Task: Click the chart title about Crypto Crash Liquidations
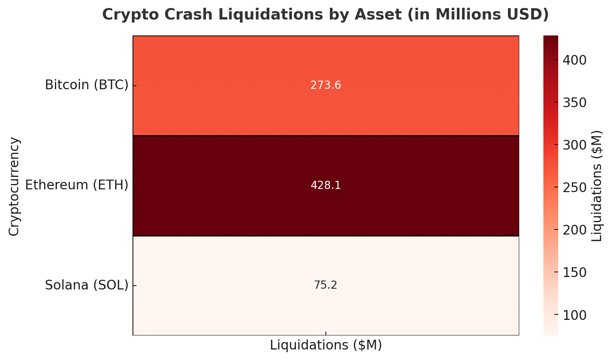point(325,15)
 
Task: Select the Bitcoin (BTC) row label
point(87,85)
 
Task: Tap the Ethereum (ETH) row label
point(77,185)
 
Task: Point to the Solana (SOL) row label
point(87,285)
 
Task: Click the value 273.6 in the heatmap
point(325,85)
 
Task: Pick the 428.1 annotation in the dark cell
point(325,185)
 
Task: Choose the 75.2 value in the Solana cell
point(325,286)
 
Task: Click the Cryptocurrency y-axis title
point(14,186)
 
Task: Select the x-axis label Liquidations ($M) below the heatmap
point(325,345)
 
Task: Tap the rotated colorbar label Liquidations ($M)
point(597,186)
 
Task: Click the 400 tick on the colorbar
point(575,60)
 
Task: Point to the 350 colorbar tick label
point(575,103)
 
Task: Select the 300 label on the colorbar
point(575,145)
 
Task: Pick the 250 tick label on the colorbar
point(575,188)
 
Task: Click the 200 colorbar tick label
point(575,230)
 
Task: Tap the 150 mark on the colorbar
point(575,273)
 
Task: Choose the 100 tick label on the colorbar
point(575,315)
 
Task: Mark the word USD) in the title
point(529,15)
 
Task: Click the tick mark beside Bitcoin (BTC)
point(134,85)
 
